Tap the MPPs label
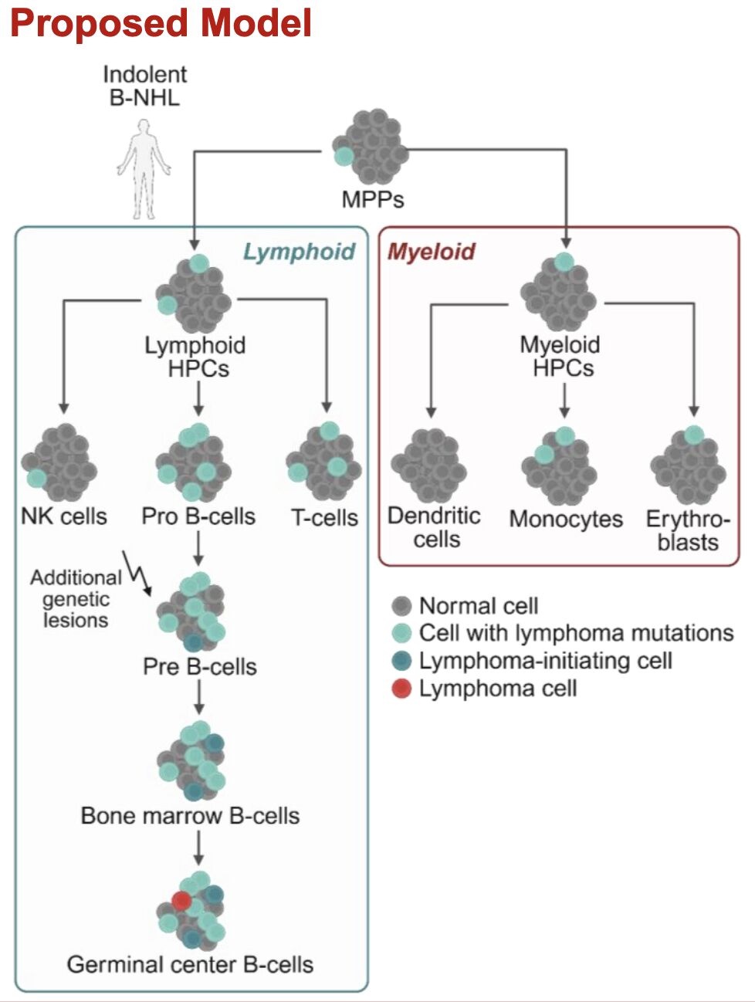click(373, 199)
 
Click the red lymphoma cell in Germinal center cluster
click(182, 900)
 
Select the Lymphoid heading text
click(299, 252)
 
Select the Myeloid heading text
click(431, 252)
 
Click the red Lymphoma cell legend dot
click(401, 689)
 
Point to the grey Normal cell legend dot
click(401, 606)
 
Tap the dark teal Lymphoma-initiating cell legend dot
click(401, 662)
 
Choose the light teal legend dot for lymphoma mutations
click(401, 634)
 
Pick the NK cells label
click(64, 516)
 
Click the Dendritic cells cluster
click(429, 465)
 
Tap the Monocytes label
click(566, 519)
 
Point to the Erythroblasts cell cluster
click(689, 465)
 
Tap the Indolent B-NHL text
click(144, 86)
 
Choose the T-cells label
click(324, 517)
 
